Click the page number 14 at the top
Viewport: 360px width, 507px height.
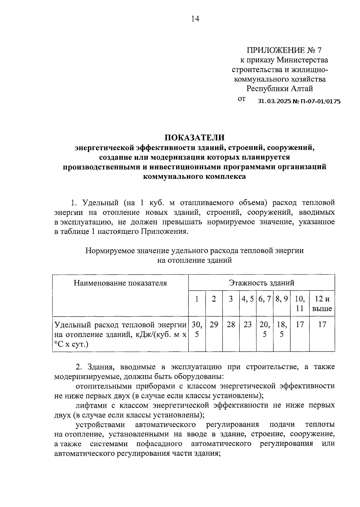click(195, 19)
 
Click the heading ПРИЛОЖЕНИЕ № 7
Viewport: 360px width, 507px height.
click(284, 50)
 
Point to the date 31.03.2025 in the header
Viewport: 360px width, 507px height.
click(274, 101)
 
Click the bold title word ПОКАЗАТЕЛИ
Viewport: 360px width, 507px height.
click(194, 137)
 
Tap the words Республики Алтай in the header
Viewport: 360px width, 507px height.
click(280, 89)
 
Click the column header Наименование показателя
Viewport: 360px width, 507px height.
click(120, 283)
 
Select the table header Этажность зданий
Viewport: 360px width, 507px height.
click(262, 283)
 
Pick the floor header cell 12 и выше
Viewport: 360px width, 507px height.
click(322, 303)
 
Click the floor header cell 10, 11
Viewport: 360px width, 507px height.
click(300, 303)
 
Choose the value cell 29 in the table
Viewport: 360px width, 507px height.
click(214, 324)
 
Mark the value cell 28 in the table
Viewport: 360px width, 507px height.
click(231, 324)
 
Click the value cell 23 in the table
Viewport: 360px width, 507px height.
click(248, 324)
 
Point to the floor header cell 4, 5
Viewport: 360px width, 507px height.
click(248, 299)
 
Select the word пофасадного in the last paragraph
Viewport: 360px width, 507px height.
click(159, 444)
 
